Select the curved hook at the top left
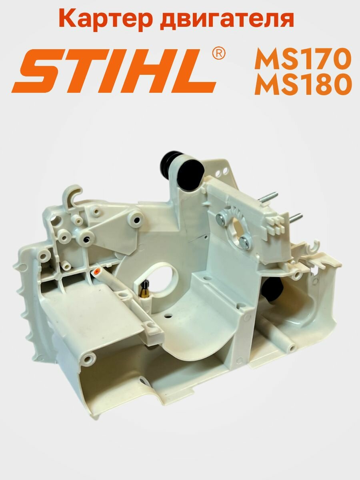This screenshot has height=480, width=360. pos(72,192)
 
